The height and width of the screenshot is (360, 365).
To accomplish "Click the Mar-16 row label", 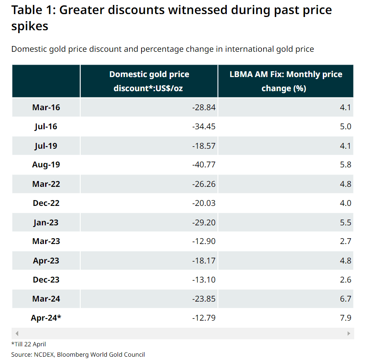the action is pyautogui.click(x=46, y=107).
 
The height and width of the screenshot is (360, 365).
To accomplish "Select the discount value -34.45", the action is pyautogui.click(x=204, y=126).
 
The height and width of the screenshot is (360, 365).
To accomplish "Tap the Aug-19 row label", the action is pyautogui.click(x=46, y=165).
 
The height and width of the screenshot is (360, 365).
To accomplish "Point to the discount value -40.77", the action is pyautogui.click(x=204, y=165).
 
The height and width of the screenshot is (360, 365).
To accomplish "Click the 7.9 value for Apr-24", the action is pyautogui.click(x=346, y=318).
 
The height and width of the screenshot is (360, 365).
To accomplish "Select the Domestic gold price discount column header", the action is pyautogui.click(x=149, y=81).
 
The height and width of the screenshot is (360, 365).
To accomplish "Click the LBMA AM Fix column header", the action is pyautogui.click(x=286, y=81).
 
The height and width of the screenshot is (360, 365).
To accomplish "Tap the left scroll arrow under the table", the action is pyautogui.click(x=17, y=333).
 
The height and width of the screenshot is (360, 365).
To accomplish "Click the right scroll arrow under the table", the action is pyautogui.click(x=349, y=333).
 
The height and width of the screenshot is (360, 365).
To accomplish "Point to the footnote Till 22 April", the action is pyautogui.click(x=29, y=344).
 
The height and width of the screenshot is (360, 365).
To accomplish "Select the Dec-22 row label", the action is pyautogui.click(x=46, y=203).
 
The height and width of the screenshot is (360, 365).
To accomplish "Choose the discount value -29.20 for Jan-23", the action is pyautogui.click(x=204, y=222).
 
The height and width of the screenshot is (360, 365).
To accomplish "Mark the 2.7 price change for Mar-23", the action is pyautogui.click(x=346, y=241).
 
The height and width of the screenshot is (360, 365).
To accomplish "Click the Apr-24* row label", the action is pyautogui.click(x=46, y=318).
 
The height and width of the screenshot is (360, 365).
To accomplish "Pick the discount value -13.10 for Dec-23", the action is pyautogui.click(x=204, y=280).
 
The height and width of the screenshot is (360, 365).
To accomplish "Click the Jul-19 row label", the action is pyautogui.click(x=46, y=146).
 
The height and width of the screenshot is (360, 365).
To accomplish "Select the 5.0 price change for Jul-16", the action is pyautogui.click(x=346, y=126).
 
